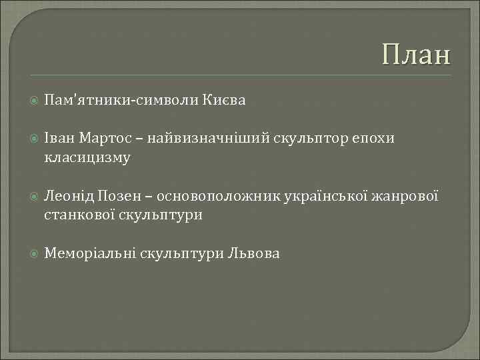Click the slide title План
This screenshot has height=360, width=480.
coord(417,55)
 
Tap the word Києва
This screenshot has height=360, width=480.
coord(228,101)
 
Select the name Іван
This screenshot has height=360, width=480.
coord(59,139)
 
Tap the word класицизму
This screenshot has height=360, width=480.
coord(87,158)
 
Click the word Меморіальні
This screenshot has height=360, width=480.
coord(89,253)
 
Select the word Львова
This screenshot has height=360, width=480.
coord(254,253)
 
